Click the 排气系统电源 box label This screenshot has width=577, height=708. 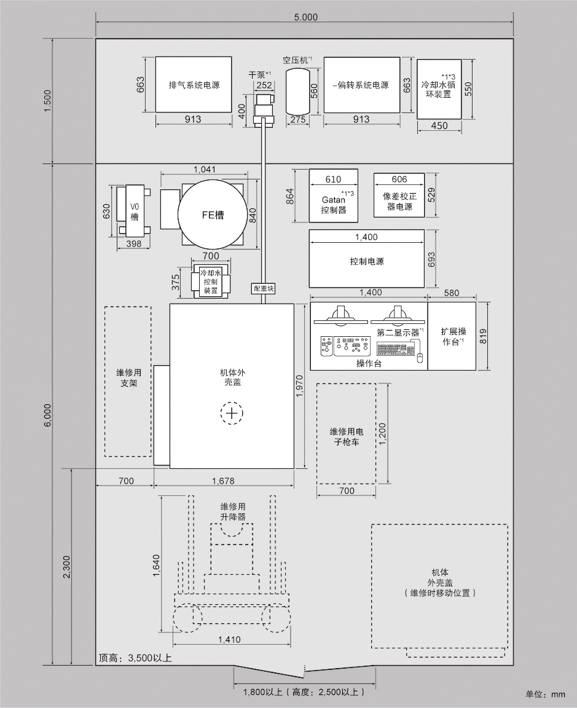[x=194, y=85]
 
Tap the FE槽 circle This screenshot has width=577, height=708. [x=213, y=215]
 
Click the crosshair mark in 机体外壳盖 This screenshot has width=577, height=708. [x=232, y=414]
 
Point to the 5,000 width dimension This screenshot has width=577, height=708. [x=305, y=17]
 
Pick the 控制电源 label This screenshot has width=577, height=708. [x=366, y=261]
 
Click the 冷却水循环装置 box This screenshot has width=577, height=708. [x=439, y=90]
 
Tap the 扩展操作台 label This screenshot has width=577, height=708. [x=453, y=336]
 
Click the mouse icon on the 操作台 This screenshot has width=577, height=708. [x=420, y=358]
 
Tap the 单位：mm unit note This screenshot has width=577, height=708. [x=544, y=694]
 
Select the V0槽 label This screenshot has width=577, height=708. [x=134, y=212]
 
